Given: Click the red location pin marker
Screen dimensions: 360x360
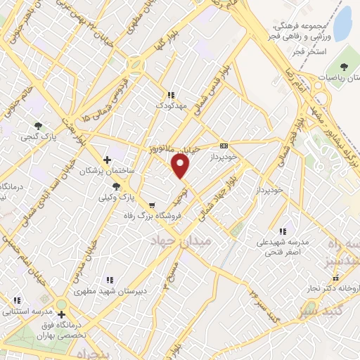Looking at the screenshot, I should [181, 166].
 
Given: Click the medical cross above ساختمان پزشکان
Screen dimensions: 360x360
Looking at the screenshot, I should [107, 160].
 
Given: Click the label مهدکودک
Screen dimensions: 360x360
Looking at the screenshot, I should [169, 105].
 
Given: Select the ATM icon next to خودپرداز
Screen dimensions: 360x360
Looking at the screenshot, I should [224, 146].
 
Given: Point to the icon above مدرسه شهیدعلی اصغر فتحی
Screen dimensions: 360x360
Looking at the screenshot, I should [283, 231].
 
